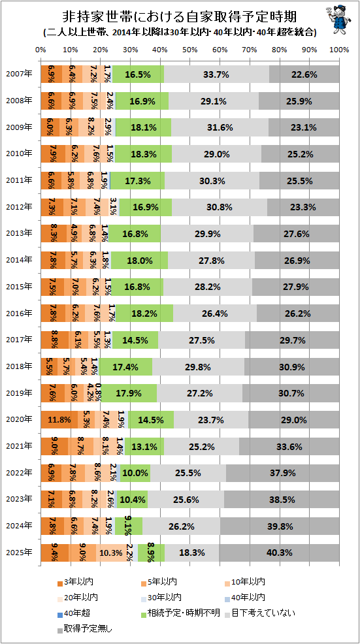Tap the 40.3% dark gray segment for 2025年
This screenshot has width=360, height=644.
click(279, 553)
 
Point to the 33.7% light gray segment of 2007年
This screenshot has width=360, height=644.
click(216, 74)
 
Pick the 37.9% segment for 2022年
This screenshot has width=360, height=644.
click(283, 473)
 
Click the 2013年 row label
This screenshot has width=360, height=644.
click(20, 234)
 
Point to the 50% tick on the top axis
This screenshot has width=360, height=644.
click(189, 50)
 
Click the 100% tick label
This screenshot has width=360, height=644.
click(339, 50)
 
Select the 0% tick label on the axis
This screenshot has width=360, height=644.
click(41, 50)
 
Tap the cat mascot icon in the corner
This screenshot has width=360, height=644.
click(339, 20)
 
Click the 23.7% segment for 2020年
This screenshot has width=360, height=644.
click(211, 419)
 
